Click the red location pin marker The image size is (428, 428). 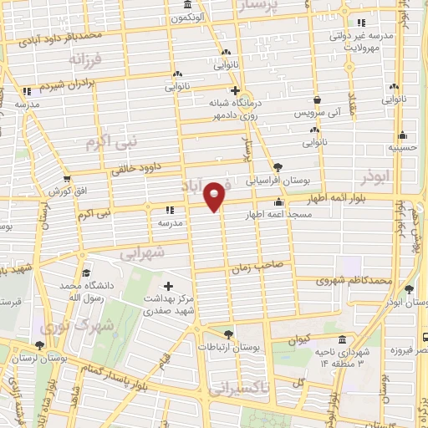(x=216, y=196)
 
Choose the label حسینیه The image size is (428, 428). (x=402, y=148)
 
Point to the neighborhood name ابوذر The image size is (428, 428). (x=376, y=178)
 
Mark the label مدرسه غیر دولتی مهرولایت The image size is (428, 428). (x=373, y=43)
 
